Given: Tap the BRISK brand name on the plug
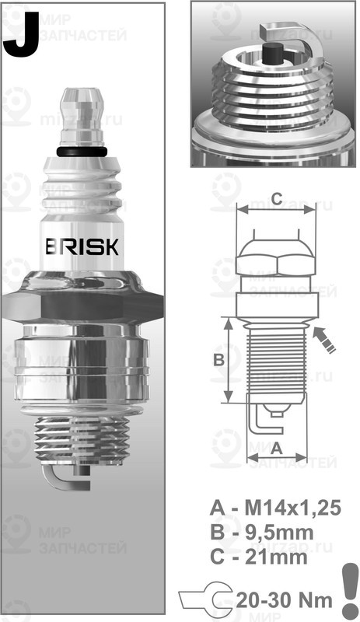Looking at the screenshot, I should (x=82, y=247).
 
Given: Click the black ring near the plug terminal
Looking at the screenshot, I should (x=82, y=150).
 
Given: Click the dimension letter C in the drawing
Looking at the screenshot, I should (x=274, y=196).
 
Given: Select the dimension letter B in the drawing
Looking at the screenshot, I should (x=219, y=359).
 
